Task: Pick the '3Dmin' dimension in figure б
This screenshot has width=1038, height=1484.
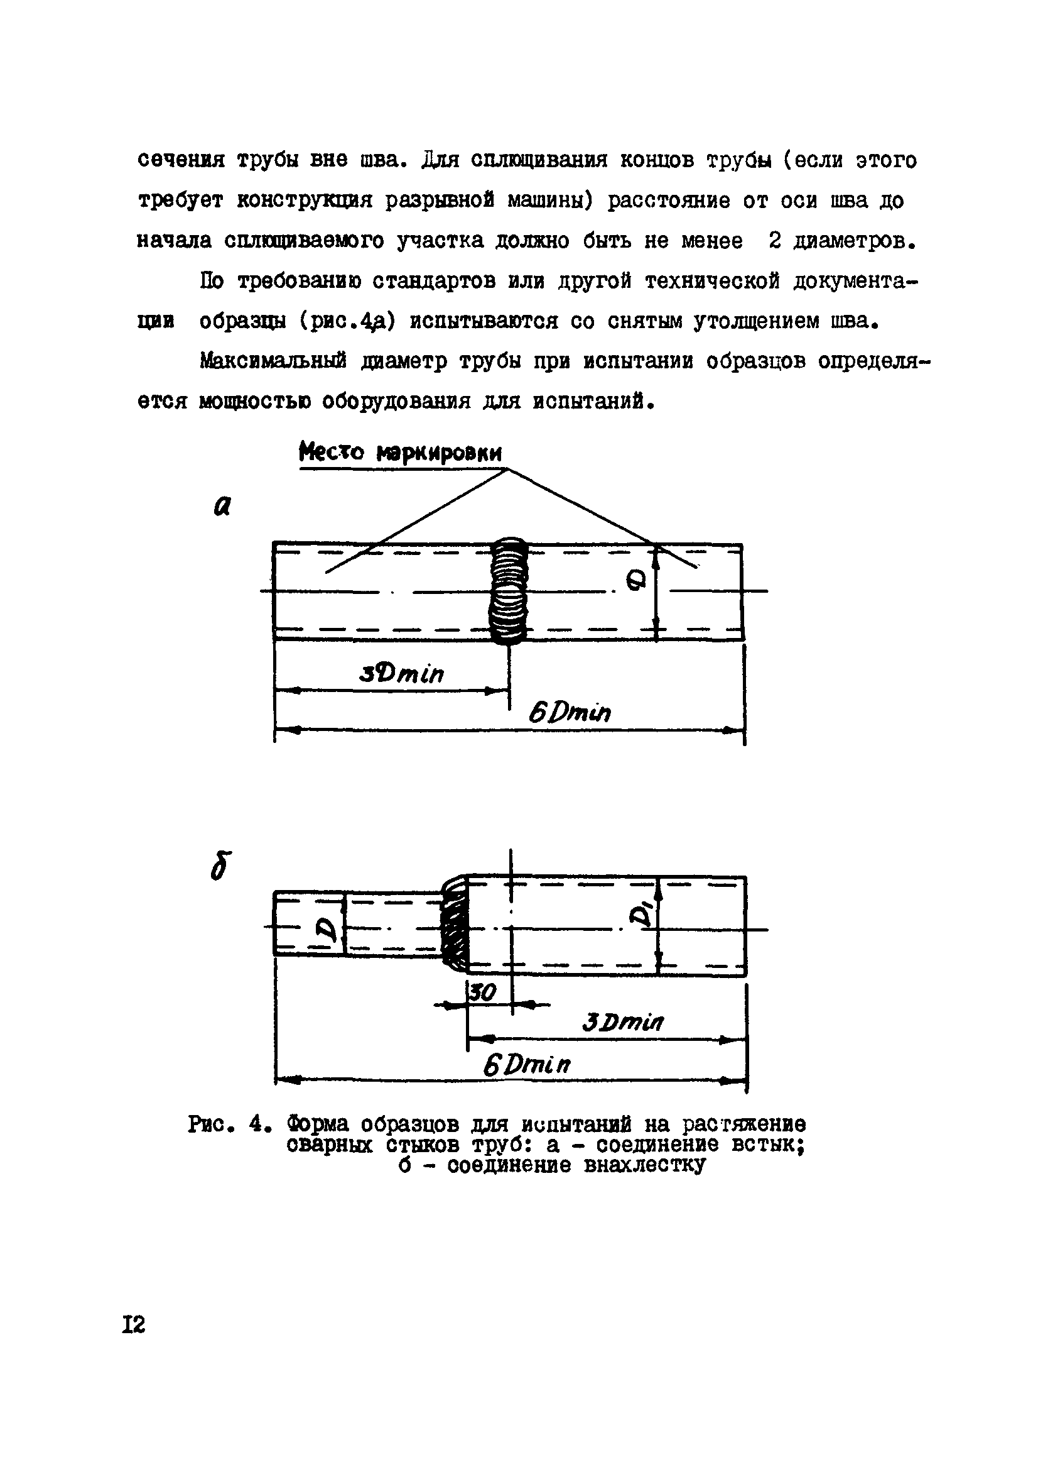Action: (622, 1022)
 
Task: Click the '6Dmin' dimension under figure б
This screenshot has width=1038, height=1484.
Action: (527, 1065)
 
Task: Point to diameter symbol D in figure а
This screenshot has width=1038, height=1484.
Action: (636, 583)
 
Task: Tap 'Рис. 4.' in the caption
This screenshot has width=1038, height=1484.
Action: (225, 1125)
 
